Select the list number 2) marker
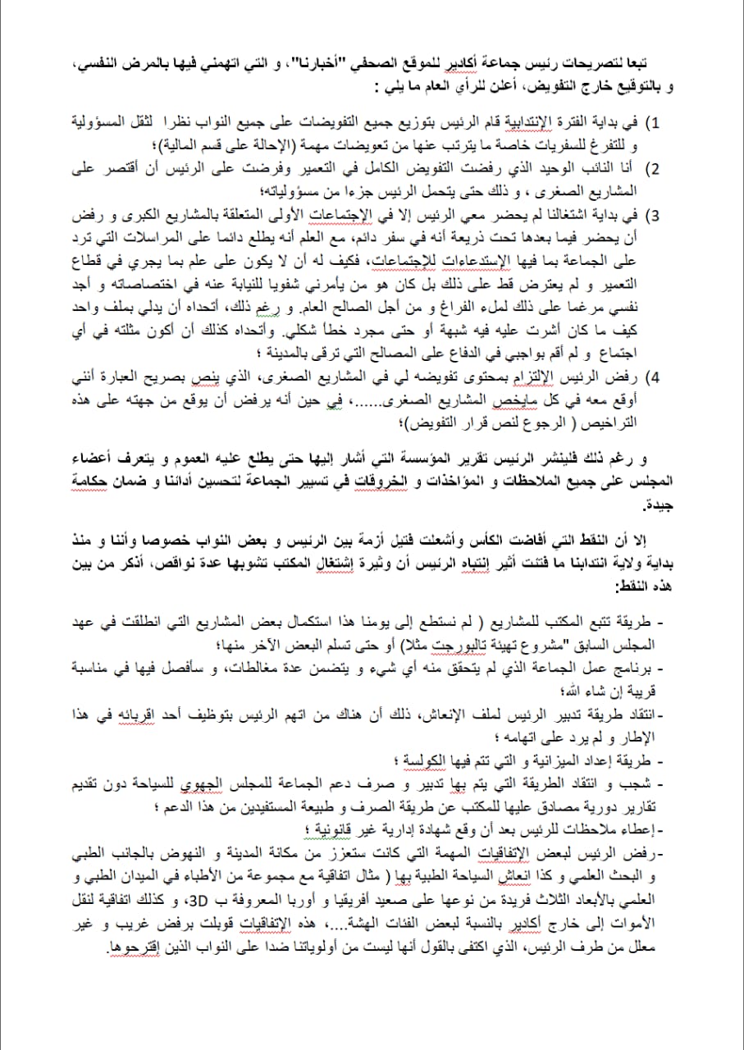(x=655, y=170)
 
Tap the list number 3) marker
(x=655, y=217)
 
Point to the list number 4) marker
(x=655, y=378)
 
